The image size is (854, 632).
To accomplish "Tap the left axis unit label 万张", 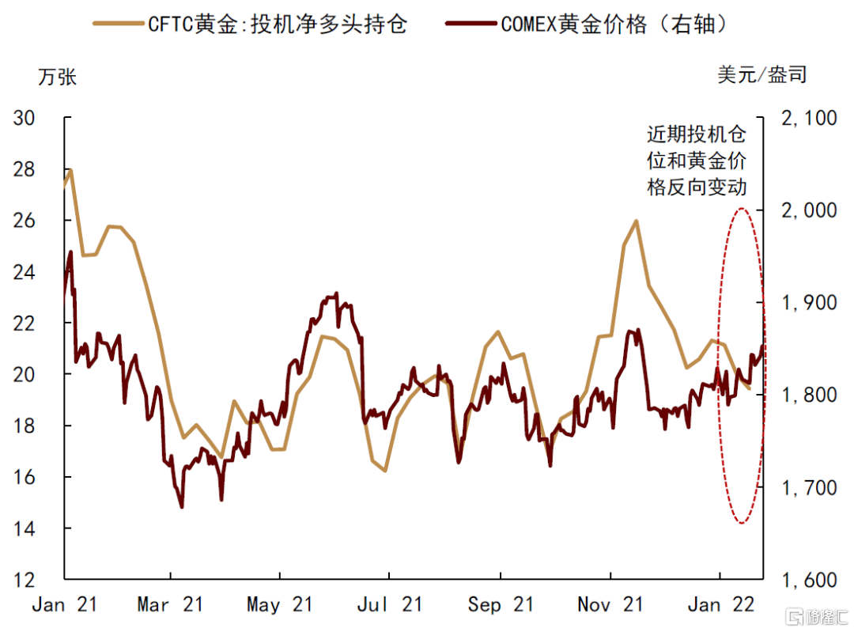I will click(x=58, y=78).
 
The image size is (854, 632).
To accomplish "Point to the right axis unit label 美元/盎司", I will click(x=762, y=75).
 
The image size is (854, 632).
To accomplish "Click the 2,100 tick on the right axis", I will click(x=807, y=119).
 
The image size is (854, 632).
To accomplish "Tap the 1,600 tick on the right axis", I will click(x=807, y=580).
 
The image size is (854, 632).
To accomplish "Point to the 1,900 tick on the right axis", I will click(x=807, y=303).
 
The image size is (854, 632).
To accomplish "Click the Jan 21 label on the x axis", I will click(x=64, y=605).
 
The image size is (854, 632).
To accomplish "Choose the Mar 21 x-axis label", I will click(x=171, y=605).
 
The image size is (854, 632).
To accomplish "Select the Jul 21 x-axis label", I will click(x=389, y=605).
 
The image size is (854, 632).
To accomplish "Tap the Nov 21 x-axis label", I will click(x=610, y=605).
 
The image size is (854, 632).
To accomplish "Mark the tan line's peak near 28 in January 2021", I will click(x=71, y=170).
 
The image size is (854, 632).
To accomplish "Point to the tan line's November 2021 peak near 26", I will click(x=637, y=221).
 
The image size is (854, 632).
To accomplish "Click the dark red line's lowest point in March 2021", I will click(x=182, y=507).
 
